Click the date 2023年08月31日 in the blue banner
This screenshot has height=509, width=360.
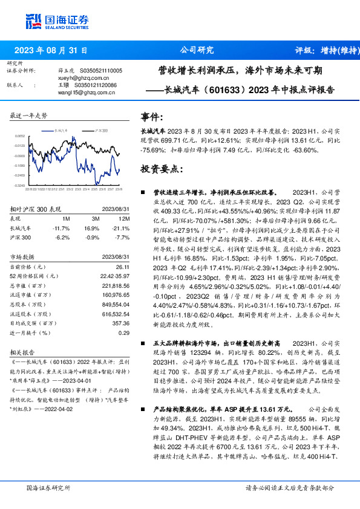pyautogui.click(x=51, y=50)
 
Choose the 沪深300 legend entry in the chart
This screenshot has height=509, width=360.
pyautogui.click(x=100, y=130)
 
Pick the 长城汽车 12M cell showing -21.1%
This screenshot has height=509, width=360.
pyautogui.click(x=121, y=228)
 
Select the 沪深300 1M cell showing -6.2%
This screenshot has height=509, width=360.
pyautogui.click(x=62, y=238)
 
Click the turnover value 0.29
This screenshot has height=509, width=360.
pyautogui.click(x=124, y=333)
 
